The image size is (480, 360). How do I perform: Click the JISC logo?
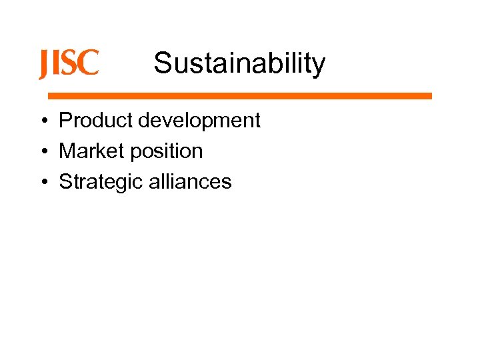[x=68, y=64]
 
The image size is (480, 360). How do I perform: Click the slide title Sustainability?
[x=239, y=63]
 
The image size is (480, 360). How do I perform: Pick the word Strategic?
[x=101, y=182]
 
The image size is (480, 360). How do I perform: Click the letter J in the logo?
[x=43, y=65]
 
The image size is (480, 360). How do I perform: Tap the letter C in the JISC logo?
[x=89, y=63]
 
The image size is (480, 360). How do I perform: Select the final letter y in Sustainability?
[x=319, y=66]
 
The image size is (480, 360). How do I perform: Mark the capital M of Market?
[x=67, y=151]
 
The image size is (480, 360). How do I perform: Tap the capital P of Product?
[x=66, y=121]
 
